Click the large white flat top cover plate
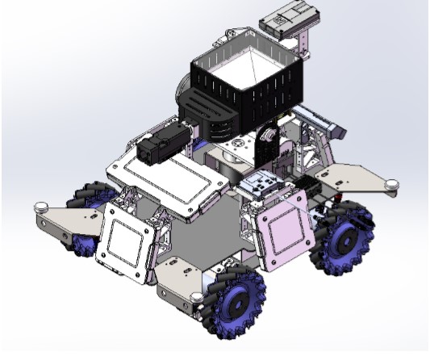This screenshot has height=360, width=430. [169, 178]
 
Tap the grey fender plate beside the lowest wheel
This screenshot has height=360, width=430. [182, 283]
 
